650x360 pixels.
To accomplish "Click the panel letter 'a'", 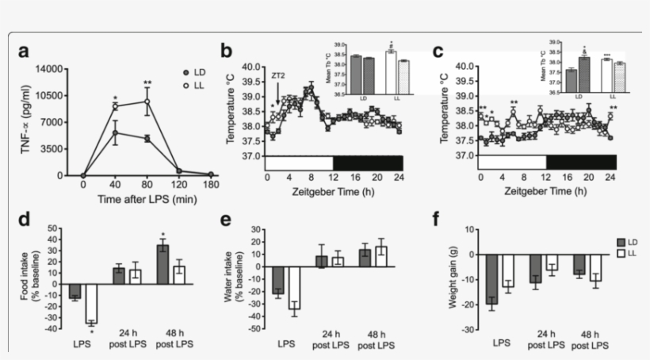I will (25, 52).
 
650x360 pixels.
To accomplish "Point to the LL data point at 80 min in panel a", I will (147, 101).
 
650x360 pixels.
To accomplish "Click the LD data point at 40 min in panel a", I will (115, 132).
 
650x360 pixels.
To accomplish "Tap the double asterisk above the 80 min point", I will (147, 82).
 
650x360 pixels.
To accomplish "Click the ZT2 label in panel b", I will (277, 75).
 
